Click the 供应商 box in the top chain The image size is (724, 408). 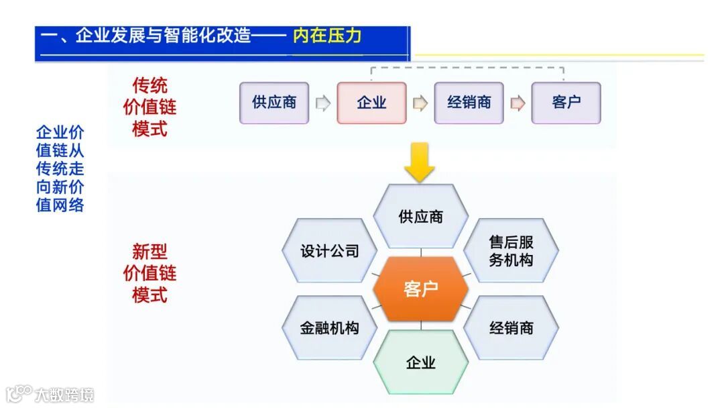click(274, 103)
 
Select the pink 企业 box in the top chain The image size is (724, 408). click(371, 103)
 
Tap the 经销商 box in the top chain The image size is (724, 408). click(469, 103)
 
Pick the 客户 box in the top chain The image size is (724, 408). click(566, 103)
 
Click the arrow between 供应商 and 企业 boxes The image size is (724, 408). click(323, 103)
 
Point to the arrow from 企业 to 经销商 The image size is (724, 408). click(420, 103)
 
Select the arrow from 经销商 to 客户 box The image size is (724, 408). click(518, 103)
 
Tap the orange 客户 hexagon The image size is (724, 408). click(420, 289)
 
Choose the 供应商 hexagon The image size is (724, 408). click(420, 216)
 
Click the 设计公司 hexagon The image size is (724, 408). click(330, 251)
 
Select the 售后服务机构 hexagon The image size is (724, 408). click(511, 251)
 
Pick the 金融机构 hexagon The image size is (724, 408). click(330, 327)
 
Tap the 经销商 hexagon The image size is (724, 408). click(511, 327)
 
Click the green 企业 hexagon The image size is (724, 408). click(420, 362)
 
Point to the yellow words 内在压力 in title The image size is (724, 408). click(327, 36)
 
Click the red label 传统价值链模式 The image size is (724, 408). click(149, 107)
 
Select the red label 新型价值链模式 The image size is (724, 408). click(149, 273)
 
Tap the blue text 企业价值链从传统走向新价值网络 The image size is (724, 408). click(60, 168)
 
